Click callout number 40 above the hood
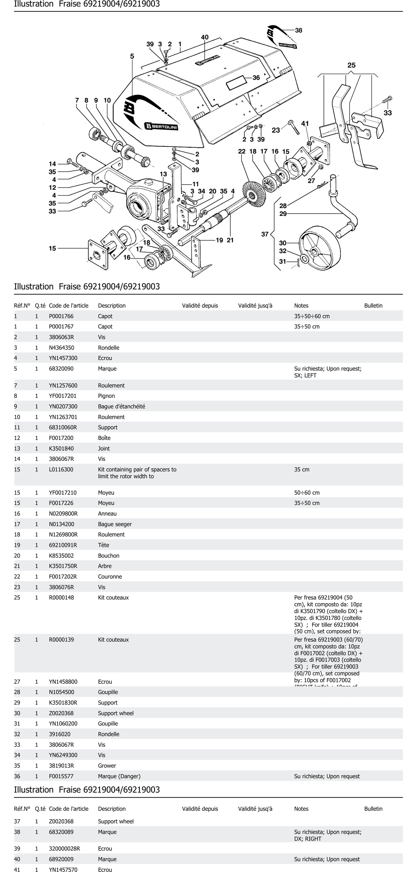[205, 37]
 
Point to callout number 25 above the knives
[351, 65]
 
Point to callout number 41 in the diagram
[305, 124]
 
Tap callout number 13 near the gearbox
[163, 174]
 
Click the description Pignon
[106, 396]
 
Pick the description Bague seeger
[115, 524]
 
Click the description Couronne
[110, 577]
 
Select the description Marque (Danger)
[119, 776]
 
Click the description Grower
[107, 766]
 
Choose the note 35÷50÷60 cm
[312, 316]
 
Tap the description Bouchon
[109, 555]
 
